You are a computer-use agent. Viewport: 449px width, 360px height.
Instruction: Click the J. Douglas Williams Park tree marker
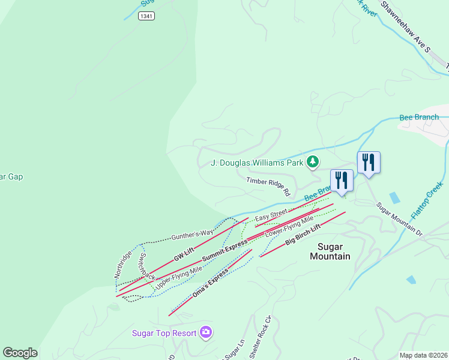point(312,161)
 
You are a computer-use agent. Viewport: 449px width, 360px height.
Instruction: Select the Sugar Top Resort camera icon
point(206,332)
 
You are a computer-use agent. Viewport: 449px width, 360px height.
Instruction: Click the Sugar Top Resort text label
point(164,333)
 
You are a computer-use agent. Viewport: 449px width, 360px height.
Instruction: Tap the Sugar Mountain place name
point(330,251)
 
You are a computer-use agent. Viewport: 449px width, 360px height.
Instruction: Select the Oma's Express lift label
point(210,284)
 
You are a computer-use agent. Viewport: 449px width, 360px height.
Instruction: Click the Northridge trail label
point(123,264)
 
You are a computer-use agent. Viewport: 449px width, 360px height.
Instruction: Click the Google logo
point(20,353)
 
